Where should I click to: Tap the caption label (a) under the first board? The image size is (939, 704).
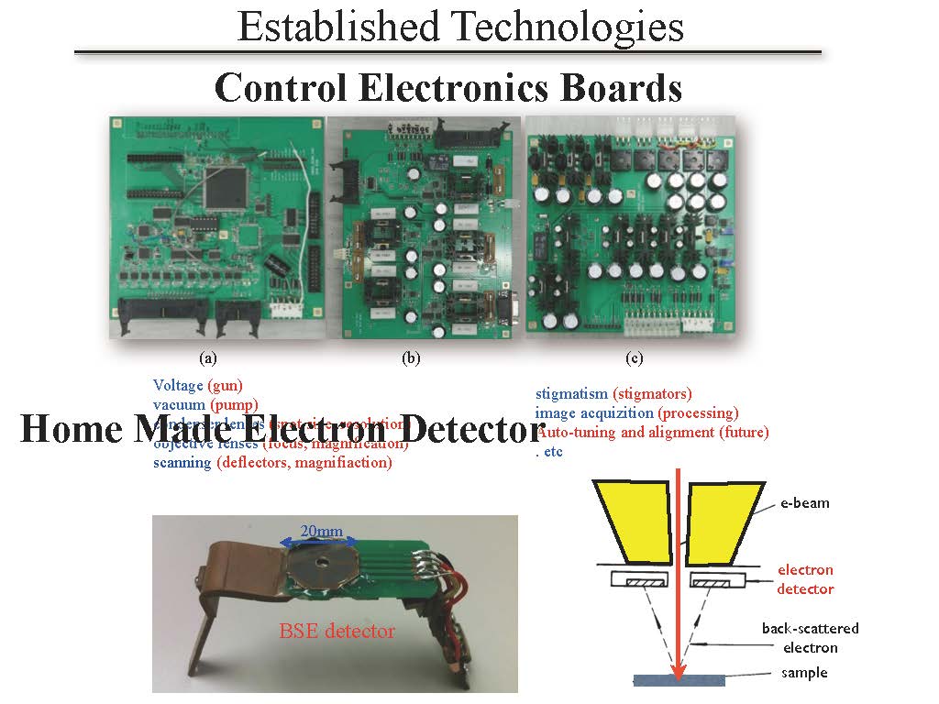208,357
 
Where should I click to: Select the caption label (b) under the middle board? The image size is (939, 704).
411,357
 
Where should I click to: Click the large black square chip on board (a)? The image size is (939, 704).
226,184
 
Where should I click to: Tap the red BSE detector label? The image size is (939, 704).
337,630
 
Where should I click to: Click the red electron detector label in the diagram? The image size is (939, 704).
805,579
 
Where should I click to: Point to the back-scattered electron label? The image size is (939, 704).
810,638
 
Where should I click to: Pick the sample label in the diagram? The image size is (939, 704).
803,673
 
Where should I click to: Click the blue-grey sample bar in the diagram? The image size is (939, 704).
679,680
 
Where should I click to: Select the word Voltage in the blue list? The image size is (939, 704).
178,386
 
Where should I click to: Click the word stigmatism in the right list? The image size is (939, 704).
571,394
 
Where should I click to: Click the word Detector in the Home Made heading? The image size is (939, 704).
474,430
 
